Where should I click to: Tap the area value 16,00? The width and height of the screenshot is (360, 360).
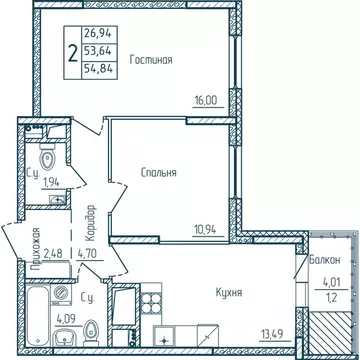206,101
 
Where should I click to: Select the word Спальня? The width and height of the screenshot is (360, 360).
158,172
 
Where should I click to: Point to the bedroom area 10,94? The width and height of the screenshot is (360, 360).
205,228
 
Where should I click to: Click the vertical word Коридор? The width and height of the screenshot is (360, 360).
90,219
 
